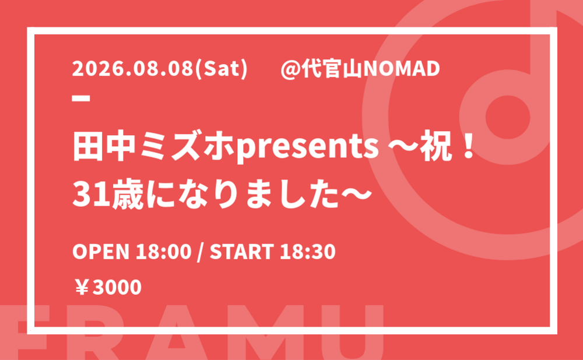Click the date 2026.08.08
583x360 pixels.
134,69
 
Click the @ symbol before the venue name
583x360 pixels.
291,69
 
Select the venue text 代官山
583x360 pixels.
332,69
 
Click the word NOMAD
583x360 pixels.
402,69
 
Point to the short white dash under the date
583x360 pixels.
81,98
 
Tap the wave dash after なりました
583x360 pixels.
357,195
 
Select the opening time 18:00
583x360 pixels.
163,251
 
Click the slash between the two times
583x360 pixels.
201,252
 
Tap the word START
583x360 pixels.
242,251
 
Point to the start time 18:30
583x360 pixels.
308,251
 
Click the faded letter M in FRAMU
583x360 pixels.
259,333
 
